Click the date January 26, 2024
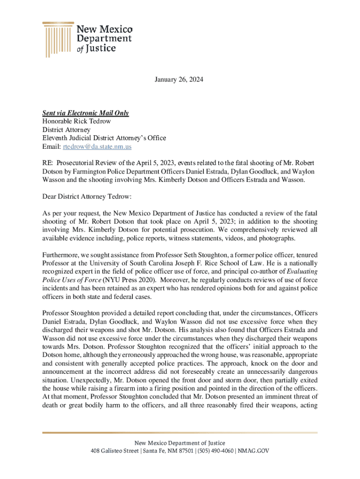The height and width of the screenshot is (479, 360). click(x=180, y=80)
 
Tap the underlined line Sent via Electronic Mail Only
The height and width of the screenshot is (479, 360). click(x=86, y=113)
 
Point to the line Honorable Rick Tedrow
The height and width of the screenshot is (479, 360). click(x=77, y=122)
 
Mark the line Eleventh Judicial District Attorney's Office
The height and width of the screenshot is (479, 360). click(x=104, y=138)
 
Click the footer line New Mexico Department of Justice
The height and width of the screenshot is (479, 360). click(x=180, y=443)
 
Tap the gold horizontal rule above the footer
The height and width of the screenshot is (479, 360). click(x=180, y=432)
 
